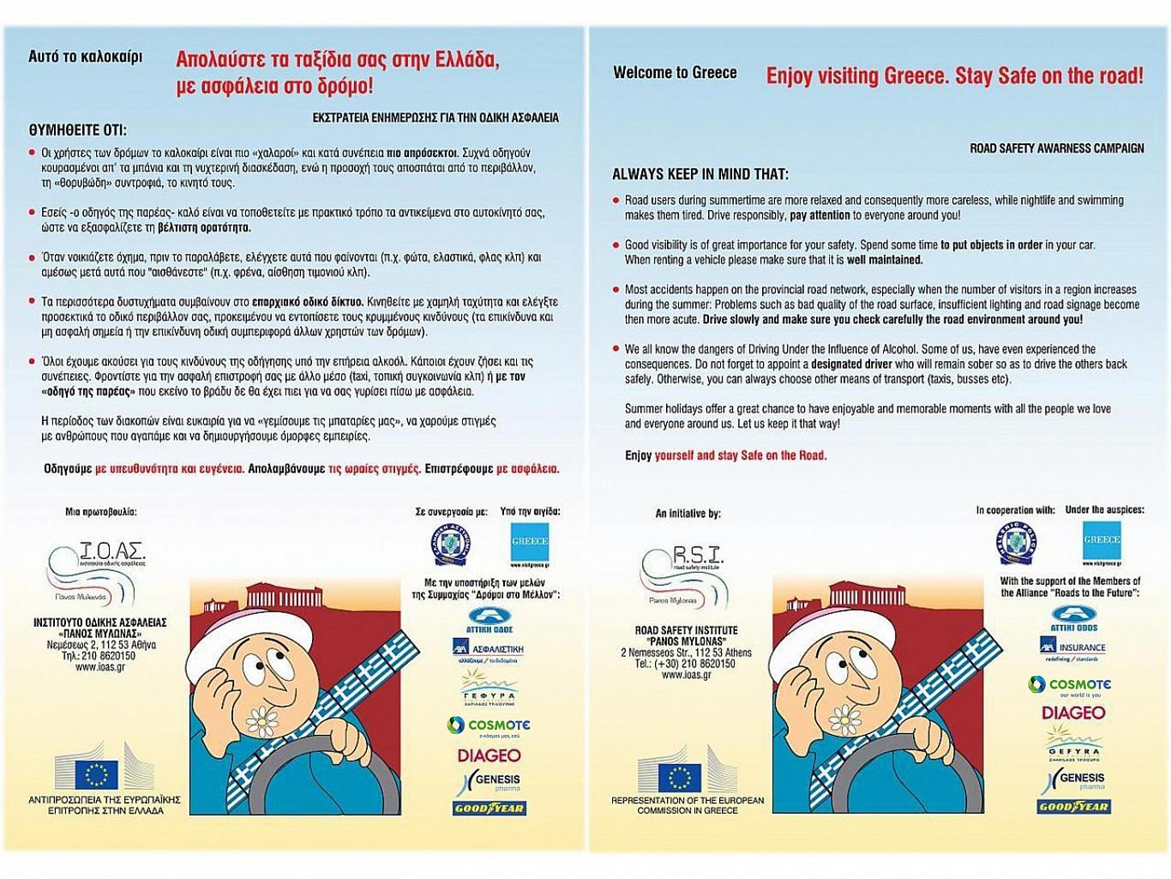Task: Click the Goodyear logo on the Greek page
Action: tap(489, 808)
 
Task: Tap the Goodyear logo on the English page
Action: tap(1074, 806)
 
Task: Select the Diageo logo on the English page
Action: tap(1073, 713)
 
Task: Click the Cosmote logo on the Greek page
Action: tap(489, 725)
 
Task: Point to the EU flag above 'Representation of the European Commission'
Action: tap(679, 776)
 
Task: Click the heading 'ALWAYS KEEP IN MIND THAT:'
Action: tap(700, 174)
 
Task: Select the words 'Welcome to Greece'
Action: tap(675, 73)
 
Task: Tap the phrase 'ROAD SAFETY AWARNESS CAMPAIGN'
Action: tap(1056, 148)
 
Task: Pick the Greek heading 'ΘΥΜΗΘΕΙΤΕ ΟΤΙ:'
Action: tap(77, 130)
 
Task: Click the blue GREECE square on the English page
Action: tap(1102, 540)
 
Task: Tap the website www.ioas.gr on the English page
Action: tap(685, 675)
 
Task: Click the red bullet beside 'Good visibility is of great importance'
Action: tap(616, 245)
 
